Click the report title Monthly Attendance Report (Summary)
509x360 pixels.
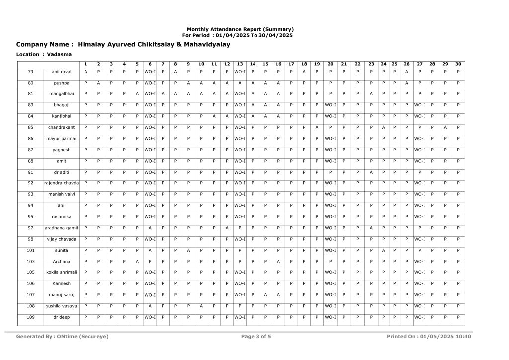coord(240,29)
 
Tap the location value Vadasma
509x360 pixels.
coord(59,54)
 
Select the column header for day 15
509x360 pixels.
coord(265,64)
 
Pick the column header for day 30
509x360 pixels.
coord(458,64)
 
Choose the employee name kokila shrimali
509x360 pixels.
coord(62,272)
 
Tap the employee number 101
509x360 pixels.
coord(31,250)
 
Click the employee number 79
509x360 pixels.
coord(31,72)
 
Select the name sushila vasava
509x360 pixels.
coord(62,305)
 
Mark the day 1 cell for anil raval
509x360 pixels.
coord(86,72)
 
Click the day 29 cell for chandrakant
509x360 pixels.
coord(445,127)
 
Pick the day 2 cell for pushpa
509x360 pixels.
coord(98,83)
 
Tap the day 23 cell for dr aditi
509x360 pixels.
coord(371,172)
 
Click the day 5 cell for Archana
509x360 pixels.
coord(137,261)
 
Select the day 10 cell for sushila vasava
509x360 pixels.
coord(201,305)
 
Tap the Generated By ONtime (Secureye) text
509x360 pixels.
coord(62,337)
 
